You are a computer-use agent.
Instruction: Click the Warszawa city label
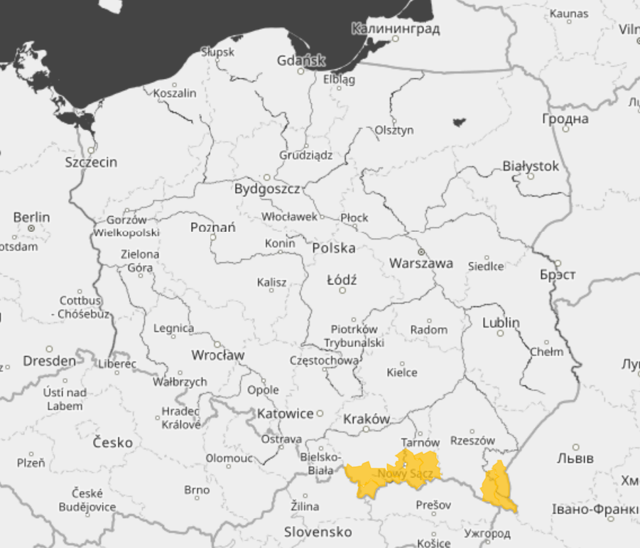[421, 263]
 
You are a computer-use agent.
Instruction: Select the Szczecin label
[91, 162]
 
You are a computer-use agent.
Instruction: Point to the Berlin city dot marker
[31, 228]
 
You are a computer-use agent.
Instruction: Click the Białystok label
[531, 166]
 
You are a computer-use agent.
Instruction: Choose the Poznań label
[213, 227]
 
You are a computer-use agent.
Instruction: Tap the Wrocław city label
[217, 355]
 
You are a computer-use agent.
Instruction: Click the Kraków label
[367, 419]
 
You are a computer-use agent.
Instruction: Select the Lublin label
[501, 323]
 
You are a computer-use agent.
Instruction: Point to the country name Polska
[334, 248]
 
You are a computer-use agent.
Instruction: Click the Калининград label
[396, 29]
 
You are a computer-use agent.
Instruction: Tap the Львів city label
[575, 458]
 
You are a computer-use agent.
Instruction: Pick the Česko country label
[112, 443]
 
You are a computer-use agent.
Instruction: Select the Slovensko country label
[318, 532]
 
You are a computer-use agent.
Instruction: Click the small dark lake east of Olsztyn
[459, 122]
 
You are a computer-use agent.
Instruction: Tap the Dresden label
[49, 361]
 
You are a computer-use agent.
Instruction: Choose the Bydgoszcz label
[267, 190]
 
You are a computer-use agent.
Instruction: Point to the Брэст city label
[558, 274]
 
